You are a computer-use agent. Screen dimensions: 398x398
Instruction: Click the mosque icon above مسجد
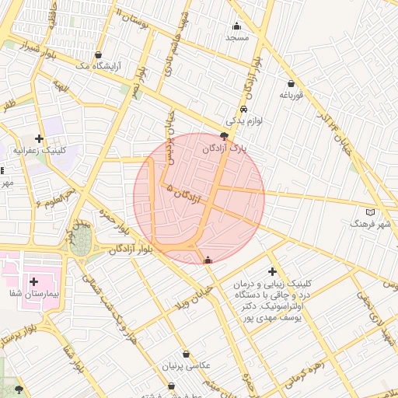(x=237, y=26)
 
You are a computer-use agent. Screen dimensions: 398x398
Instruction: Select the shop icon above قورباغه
(x=291, y=83)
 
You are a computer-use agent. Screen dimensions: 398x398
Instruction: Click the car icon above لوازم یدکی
(x=244, y=110)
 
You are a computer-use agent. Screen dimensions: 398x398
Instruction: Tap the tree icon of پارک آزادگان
(x=225, y=136)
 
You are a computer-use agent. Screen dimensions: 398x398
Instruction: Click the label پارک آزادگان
(x=223, y=148)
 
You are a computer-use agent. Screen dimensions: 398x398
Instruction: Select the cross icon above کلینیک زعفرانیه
(x=38, y=138)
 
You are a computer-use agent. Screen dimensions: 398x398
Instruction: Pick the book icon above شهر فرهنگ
(x=369, y=211)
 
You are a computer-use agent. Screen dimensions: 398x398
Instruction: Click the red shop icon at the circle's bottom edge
(x=207, y=260)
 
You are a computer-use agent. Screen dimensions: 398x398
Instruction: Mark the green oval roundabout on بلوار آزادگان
(x=82, y=237)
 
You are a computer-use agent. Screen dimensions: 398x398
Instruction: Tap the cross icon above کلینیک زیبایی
(x=272, y=271)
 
